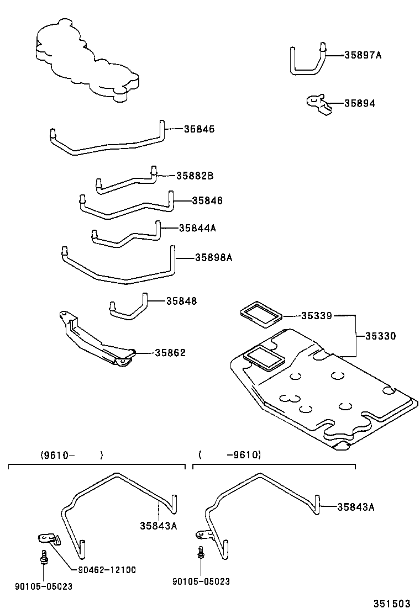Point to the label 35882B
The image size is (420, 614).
(195, 176)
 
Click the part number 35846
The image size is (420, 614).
(207, 201)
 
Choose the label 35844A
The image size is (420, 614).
(197, 227)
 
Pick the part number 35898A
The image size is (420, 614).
(213, 257)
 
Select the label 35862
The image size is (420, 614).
(170, 353)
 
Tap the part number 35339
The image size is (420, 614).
(316, 316)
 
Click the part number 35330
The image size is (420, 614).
(380, 336)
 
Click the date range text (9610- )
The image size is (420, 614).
(71, 456)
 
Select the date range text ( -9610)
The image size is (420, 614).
(229, 455)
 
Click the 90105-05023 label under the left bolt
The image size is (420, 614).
(44, 586)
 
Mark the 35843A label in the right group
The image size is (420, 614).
(355, 507)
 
